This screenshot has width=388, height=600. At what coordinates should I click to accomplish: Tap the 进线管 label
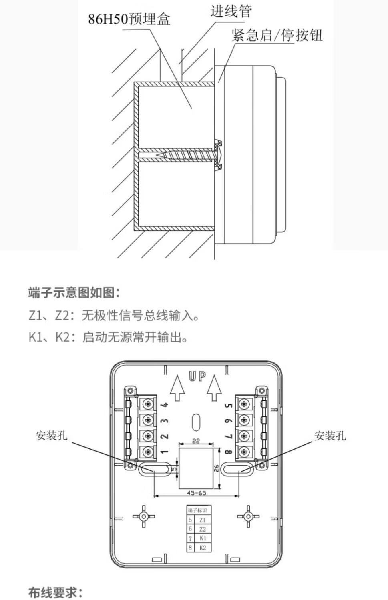(231, 11)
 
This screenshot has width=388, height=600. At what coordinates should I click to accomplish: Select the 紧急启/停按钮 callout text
(277, 36)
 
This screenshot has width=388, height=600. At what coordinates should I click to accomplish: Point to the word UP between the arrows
(197, 377)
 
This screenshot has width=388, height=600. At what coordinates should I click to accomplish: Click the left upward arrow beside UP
(177, 387)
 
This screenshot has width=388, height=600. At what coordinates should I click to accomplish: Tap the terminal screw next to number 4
(148, 404)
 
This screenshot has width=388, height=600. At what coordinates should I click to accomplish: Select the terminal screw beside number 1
(148, 452)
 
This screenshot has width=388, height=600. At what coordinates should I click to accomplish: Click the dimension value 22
(196, 441)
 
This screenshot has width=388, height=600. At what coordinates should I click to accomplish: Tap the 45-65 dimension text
(197, 493)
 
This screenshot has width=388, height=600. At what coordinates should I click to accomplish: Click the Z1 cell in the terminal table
(202, 520)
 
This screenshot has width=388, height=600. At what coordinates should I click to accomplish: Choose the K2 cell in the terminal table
(202, 548)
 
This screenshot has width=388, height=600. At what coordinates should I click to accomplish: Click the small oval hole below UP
(196, 422)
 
